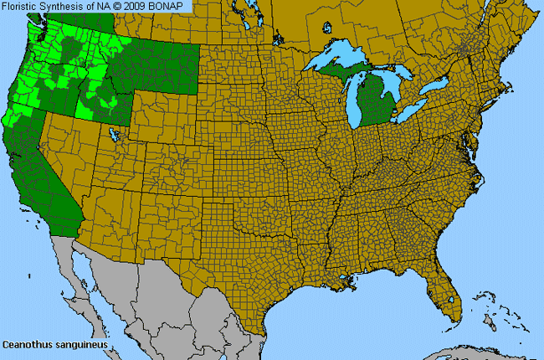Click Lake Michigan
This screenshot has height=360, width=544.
(x=351, y=96)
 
